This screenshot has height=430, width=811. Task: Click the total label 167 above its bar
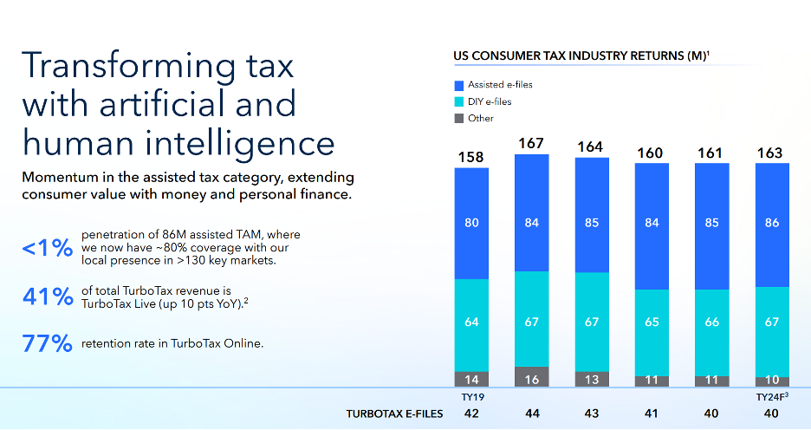tap(532, 142)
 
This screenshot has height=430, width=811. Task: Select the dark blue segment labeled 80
tap(471, 223)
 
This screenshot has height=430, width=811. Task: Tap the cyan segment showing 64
tap(471, 322)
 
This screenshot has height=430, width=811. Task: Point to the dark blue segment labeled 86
tap(772, 223)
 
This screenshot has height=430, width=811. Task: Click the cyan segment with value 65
tap(652, 322)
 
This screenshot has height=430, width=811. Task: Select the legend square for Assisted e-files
tap(459, 85)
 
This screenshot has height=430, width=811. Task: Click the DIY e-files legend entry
tap(489, 101)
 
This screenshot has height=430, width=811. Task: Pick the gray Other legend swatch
tap(459, 118)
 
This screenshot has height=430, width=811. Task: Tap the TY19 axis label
tap(471, 397)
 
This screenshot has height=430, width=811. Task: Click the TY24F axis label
tap(772, 397)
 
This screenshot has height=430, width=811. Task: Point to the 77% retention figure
tap(46, 344)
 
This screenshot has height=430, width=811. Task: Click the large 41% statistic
tap(46, 296)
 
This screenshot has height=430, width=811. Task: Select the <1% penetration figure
tap(46, 248)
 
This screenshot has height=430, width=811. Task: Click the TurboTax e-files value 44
tap(532, 414)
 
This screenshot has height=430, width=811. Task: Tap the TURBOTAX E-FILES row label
tap(394, 414)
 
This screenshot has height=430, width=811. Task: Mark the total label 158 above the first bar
tap(471, 157)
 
